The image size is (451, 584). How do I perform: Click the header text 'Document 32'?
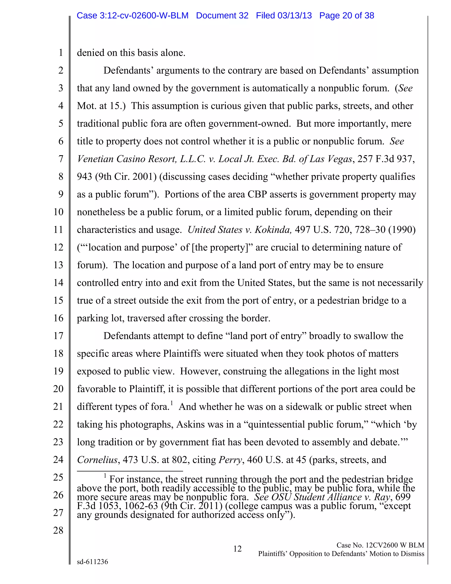[222, 15]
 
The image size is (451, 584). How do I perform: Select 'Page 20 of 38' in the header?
[347, 15]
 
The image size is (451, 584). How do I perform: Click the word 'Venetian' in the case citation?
[95, 159]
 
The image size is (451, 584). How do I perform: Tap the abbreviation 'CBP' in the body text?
[257, 194]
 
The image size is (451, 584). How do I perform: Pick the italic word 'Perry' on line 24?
[230, 460]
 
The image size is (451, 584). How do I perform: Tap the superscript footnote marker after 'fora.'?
[172, 403]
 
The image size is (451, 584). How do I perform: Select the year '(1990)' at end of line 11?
[402, 230]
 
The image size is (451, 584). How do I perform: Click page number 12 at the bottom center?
[237, 549]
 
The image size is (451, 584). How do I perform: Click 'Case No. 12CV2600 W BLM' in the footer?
[380, 545]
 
